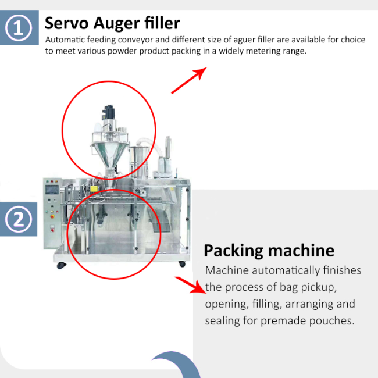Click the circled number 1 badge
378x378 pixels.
click(x=19, y=28)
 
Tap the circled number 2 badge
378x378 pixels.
click(x=19, y=219)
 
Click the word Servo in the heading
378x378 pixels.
click(x=67, y=23)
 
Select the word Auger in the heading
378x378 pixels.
click(x=117, y=24)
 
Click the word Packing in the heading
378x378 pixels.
click(x=233, y=251)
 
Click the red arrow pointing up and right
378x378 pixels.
click(x=189, y=80)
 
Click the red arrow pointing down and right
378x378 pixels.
click(x=190, y=285)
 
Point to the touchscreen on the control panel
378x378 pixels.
click(x=52, y=190)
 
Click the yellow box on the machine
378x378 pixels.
click(x=94, y=188)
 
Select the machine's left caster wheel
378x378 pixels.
click(x=61, y=265)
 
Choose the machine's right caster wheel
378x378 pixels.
click(x=182, y=264)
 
